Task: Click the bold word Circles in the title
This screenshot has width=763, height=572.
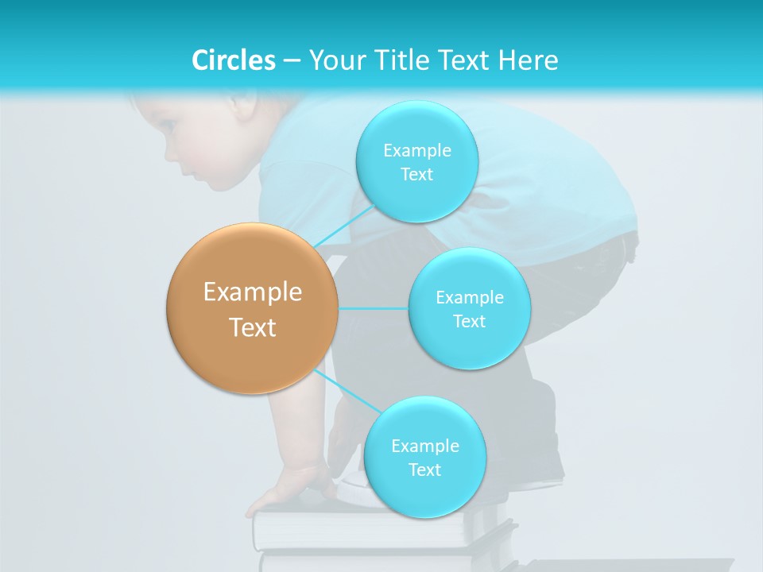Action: pos(233,60)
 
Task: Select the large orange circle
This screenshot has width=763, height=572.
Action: pos(252,308)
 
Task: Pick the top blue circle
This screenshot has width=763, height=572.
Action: pos(416,161)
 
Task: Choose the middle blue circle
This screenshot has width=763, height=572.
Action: pos(469,308)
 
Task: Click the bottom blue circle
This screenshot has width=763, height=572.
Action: pos(424,457)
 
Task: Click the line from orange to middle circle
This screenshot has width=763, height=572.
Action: pos(373,308)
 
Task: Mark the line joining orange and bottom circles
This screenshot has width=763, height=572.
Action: pos(347,392)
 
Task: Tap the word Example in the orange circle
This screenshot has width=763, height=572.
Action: pos(252,292)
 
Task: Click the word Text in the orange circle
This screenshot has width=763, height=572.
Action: pos(252,327)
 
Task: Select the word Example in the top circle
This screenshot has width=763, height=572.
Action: pos(416,150)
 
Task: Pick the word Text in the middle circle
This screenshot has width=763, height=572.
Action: pos(469,321)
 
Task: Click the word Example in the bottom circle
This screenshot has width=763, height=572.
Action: pos(424,446)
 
